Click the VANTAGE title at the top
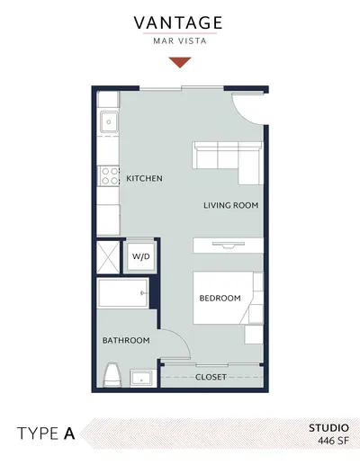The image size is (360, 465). coord(178,22)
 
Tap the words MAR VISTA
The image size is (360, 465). coord(180,41)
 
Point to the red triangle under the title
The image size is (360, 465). coord(180,62)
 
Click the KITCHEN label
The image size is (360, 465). coord(144,178)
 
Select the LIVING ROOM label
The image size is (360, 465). coord(231,205)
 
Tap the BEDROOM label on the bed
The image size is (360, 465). coord(220,298)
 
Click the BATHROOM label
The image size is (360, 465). coord(126,340)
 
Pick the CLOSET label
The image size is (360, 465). coord(211,377)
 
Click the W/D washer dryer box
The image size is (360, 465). coord(140,256)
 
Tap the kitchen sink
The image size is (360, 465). coord(109,121)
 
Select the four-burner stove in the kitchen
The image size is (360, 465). coord(108,176)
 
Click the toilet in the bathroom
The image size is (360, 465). coord(112,375)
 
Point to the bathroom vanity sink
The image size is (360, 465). coord(141,378)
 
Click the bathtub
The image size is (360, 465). coord(122,293)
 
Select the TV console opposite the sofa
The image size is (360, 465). coord(229,246)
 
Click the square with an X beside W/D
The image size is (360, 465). coord(108,257)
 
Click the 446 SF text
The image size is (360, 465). coord(333,441)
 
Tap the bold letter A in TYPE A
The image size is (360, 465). coord(69,434)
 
